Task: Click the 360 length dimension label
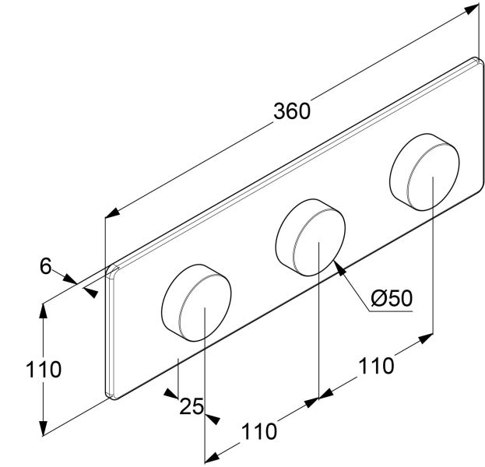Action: [292, 111]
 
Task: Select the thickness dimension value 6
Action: [45, 266]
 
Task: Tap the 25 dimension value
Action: [192, 406]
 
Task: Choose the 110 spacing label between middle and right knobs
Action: [376, 364]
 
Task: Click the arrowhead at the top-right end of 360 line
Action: [472, 8]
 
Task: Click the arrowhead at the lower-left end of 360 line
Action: [111, 211]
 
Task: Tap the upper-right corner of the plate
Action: [473, 59]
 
